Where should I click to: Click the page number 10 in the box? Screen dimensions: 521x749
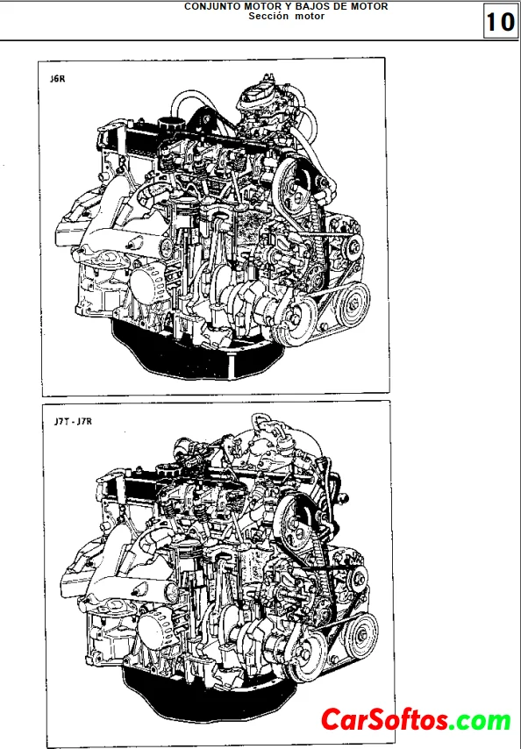click(x=500, y=22)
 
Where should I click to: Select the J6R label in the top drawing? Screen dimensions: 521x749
click(x=57, y=79)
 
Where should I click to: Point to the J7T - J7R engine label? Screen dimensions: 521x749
click(x=73, y=421)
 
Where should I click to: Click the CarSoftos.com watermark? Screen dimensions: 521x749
click(x=416, y=720)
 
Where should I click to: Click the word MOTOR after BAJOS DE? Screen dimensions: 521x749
click(x=369, y=6)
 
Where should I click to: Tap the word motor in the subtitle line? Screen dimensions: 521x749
click(x=310, y=16)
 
